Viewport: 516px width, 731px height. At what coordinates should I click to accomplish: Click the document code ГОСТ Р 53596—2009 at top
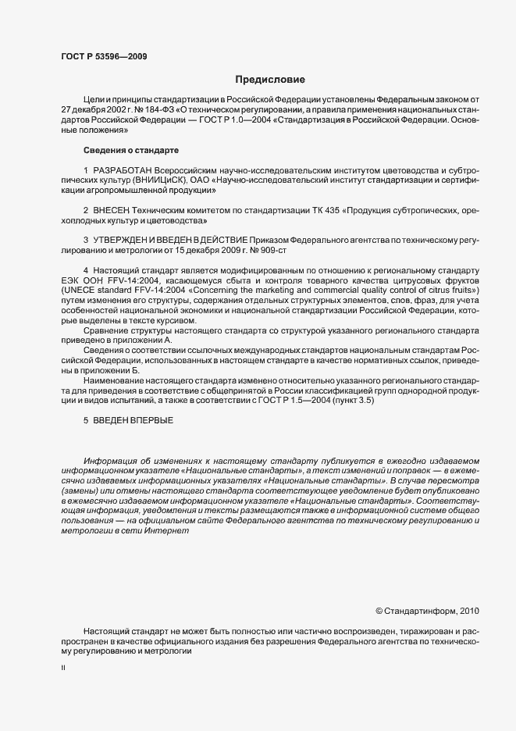click(103, 56)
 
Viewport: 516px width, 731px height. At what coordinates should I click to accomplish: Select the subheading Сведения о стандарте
click(131, 149)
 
